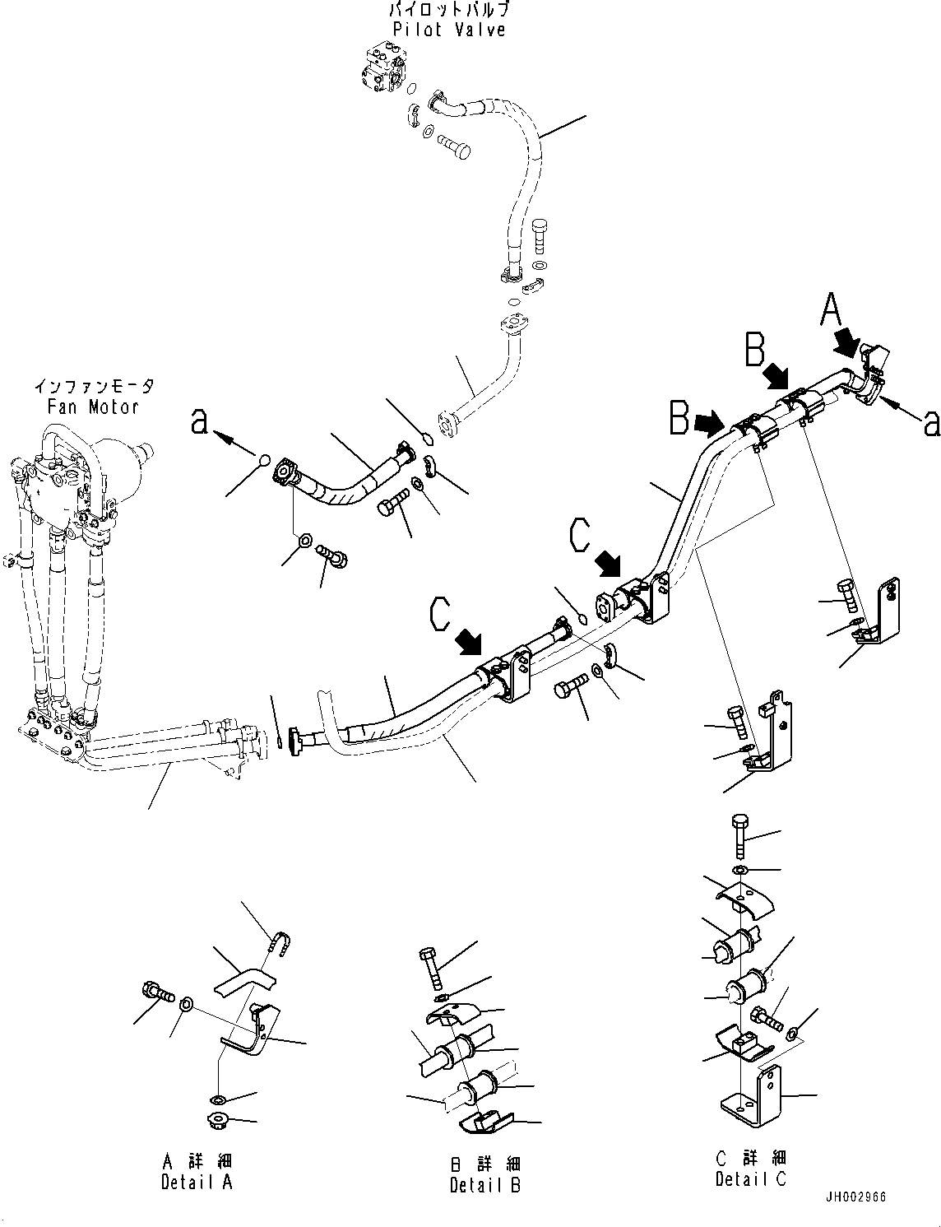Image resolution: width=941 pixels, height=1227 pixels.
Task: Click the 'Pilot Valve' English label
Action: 448,30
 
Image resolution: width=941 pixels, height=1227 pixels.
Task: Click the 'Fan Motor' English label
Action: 91,406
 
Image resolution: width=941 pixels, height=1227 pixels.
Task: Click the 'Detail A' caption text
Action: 197,1182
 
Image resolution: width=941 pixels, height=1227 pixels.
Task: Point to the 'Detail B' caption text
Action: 485,1185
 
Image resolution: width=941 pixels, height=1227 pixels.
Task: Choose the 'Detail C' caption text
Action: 750,1178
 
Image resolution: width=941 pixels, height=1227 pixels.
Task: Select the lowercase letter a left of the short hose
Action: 198,422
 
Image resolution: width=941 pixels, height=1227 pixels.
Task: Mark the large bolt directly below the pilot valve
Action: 452,148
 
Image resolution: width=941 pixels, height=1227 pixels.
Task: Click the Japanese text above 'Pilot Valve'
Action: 448,10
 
